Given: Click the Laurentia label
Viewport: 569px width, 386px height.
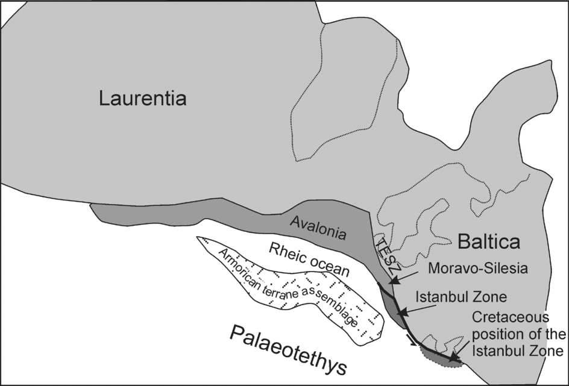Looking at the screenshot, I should [x=143, y=98].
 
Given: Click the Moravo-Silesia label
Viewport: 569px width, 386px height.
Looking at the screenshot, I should [x=477, y=269].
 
